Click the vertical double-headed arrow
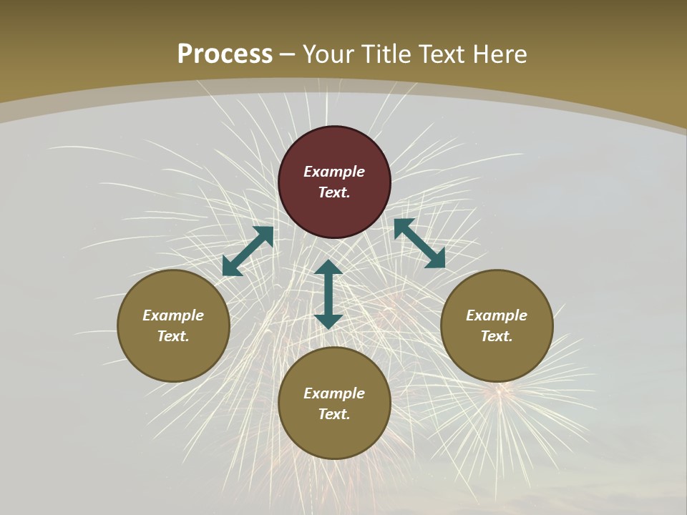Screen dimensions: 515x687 (328, 294)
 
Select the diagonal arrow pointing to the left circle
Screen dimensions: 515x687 (248, 251)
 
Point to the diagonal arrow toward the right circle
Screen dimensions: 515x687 (419, 243)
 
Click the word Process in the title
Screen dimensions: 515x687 (225, 54)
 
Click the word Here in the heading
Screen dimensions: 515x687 (500, 54)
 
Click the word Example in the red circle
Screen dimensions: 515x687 (334, 172)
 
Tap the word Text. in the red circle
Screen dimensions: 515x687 (334, 192)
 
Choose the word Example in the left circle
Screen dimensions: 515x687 (173, 315)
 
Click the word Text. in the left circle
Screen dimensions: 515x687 (173, 336)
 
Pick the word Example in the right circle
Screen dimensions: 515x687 (497, 315)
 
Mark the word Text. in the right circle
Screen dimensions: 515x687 (497, 336)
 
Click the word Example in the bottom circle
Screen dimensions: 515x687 (334, 393)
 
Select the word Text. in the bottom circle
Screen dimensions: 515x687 (334, 414)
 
